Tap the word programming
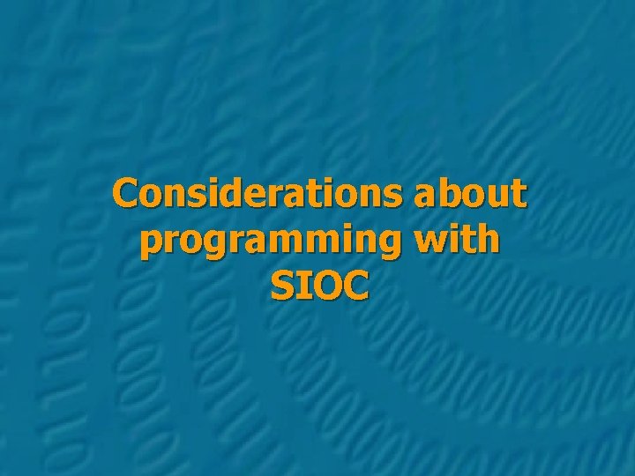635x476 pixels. click(x=278, y=241)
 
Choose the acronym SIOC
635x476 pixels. click(x=319, y=286)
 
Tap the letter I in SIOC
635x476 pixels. click(x=303, y=286)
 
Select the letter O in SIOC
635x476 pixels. click(x=324, y=286)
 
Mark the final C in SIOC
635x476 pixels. click(x=354, y=286)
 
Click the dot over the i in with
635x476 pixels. click(x=459, y=227)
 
